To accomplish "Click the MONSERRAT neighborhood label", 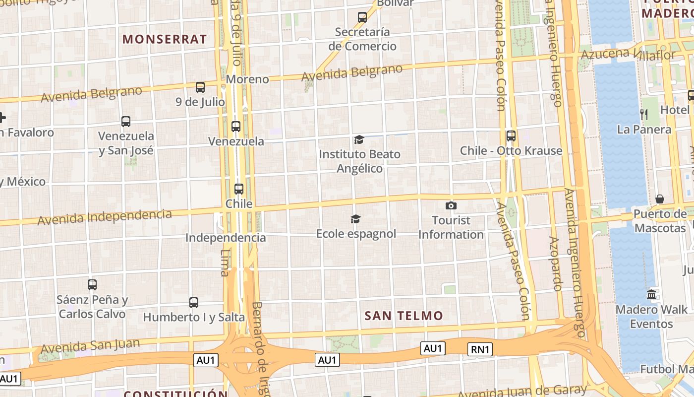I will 165,39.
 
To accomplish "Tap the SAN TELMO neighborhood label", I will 404,316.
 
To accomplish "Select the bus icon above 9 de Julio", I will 200,87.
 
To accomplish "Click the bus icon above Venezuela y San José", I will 126,121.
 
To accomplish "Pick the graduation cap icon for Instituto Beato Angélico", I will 359,140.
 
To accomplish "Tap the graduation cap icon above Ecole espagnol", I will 355,219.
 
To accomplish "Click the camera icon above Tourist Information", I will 451,205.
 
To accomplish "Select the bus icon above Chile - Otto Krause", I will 511,135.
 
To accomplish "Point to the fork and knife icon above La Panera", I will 644,114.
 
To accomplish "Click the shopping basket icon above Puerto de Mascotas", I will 660,199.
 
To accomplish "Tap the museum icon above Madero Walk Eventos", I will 651,294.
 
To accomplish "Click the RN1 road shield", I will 480,349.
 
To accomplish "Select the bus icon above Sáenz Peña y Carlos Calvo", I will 92,284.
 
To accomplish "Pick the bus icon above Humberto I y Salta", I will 194,302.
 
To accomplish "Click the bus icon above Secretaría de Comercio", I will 362,17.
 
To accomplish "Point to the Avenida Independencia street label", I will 105,217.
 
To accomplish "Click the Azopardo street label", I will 555,263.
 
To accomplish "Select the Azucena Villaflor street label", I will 629,54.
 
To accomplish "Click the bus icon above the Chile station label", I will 239,189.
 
